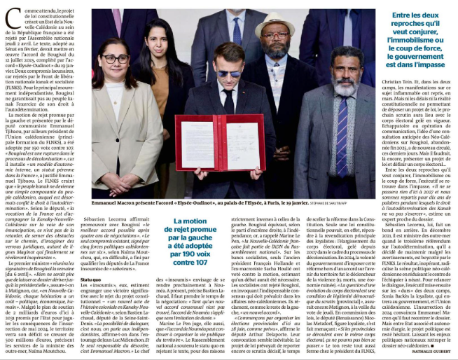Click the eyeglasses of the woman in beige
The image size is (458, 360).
[116, 60]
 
